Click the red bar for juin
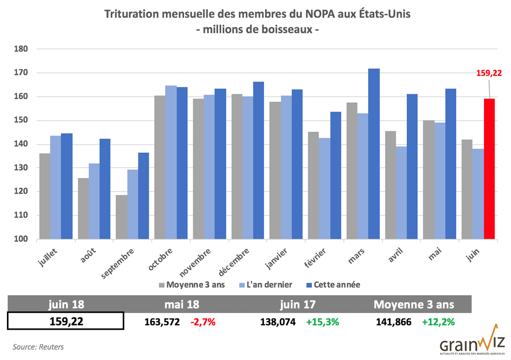tap(489, 169)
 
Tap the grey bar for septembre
tap(120, 217)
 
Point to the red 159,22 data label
tap(489, 73)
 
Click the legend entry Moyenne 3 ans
tap(191, 285)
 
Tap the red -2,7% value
tap(203, 322)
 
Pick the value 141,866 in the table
tap(394, 322)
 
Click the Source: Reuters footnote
tap(38, 347)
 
